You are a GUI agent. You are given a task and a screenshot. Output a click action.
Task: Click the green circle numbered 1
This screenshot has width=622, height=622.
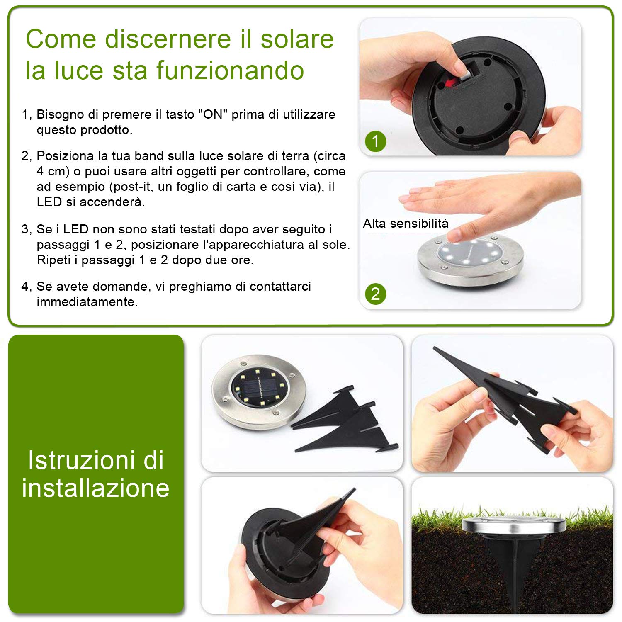pos(376,141)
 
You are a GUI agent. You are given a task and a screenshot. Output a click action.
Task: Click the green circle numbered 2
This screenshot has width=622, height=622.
pos(376,294)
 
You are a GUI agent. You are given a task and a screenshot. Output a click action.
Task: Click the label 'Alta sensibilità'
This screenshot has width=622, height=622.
pos(406,224)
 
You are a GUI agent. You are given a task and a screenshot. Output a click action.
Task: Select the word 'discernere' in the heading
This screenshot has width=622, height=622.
pos(168,39)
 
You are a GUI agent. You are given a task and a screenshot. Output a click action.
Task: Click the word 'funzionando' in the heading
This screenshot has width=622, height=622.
pos(230,70)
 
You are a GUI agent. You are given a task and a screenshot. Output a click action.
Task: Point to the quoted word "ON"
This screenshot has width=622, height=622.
pos(213,114)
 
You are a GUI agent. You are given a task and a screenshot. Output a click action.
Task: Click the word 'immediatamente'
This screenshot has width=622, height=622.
pos(87,301)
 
